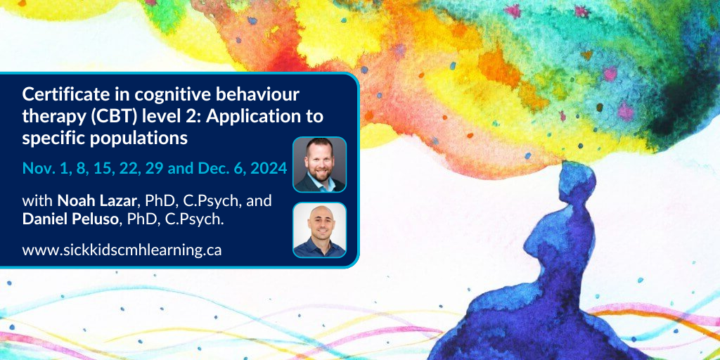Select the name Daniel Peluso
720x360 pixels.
70,219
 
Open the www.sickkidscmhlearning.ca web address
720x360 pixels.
122,250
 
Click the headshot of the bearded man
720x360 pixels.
320,165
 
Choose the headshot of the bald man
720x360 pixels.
320,230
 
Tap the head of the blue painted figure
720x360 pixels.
576,182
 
